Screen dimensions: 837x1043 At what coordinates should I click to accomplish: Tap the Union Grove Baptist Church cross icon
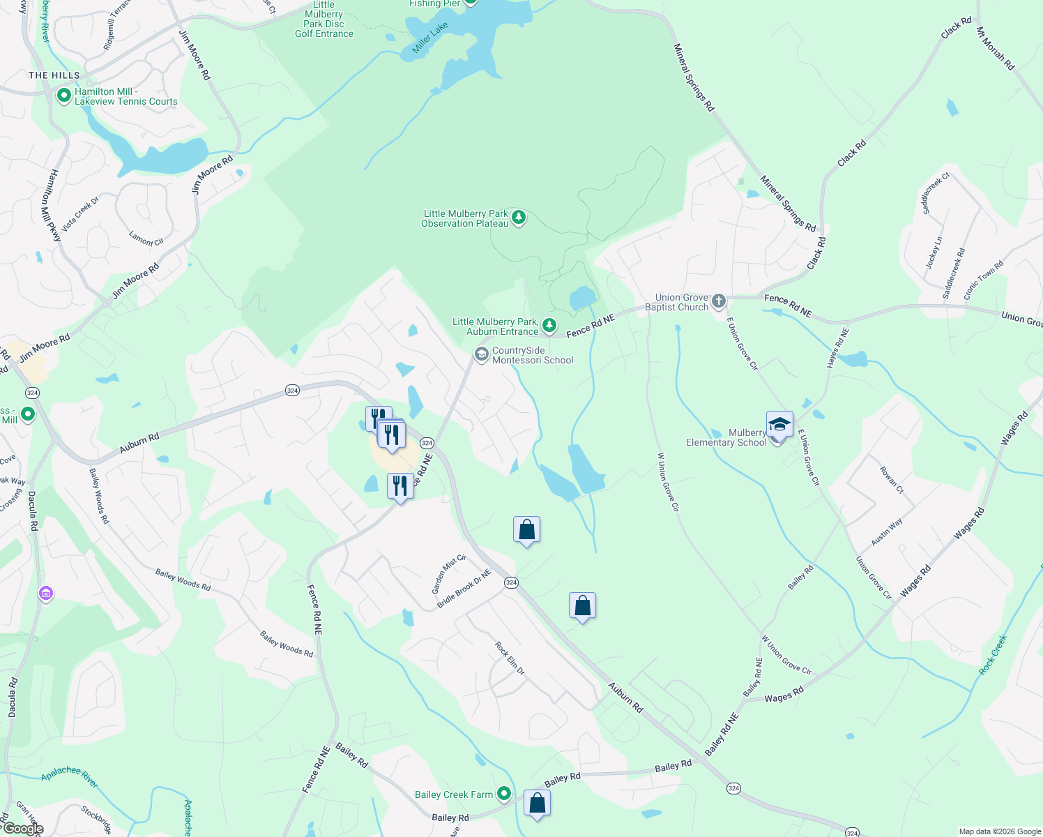tap(719, 301)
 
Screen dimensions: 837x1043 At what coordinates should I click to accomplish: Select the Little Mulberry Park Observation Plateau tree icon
tap(519, 218)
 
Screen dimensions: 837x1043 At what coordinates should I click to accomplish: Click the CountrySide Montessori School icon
tap(481, 354)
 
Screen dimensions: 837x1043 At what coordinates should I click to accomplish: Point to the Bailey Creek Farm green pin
tap(503, 794)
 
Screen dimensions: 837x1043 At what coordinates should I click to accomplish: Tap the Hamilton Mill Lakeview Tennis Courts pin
tap(64, 95)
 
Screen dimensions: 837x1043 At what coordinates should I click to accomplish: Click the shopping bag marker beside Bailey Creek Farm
tap(537, 804)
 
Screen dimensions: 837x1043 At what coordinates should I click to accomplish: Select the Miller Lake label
tap(430, 38)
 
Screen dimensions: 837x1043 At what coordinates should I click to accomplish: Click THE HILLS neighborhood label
tap(54, 75)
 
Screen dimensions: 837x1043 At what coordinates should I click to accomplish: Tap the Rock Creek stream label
tap(993, 654)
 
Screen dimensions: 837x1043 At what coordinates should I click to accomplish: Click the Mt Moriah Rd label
tap(995, 48)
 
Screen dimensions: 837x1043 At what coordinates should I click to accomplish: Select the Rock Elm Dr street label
tap(510, 658)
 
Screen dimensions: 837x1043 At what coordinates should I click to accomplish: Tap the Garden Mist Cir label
tap(448, 574)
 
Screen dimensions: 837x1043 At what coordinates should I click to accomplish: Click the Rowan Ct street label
tap(891, 480)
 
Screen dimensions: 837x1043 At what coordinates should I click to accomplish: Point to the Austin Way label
tap(886, 532)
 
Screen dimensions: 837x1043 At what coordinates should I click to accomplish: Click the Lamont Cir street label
tap(146, 238)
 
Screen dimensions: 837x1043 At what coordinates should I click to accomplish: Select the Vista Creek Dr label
tap(80, 214)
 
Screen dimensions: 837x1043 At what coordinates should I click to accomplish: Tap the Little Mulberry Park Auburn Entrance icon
tap(549, 325)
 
